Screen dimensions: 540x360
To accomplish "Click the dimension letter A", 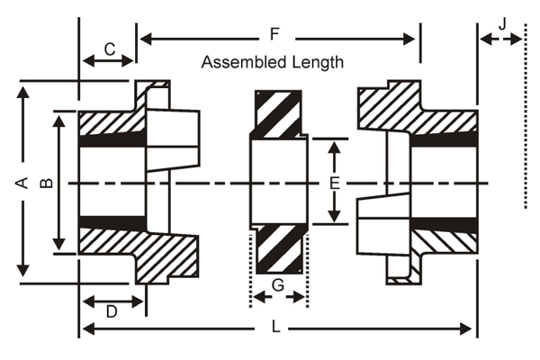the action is pos(22,183).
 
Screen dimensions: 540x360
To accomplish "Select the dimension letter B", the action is pos(47,183).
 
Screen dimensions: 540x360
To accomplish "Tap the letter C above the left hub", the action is pos(110,49).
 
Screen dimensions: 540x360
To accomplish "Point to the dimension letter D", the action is pos(112,311).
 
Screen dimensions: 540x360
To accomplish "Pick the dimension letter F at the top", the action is pos(274,34).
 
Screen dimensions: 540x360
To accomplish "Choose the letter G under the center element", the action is pos(278,285).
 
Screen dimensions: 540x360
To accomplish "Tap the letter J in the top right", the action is pos(503,24).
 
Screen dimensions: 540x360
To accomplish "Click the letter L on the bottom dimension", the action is pos(276,327).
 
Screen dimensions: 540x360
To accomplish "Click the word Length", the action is pos(318,63).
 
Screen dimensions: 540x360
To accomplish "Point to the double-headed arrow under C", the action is pos(108,61).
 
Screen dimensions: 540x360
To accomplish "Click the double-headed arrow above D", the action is pos(113,302).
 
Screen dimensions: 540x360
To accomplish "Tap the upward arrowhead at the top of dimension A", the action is pos(23,93).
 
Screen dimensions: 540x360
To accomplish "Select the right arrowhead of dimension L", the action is pos(465,329).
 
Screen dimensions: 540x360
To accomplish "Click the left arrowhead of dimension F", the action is pos(146,39).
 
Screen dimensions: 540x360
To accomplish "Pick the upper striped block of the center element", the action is pos(278,114).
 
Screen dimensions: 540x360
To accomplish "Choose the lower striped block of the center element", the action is pos(279,249).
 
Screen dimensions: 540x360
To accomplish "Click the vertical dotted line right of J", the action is pos(526,116).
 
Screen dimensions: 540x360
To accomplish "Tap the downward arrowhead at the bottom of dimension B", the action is pos(59,244).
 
